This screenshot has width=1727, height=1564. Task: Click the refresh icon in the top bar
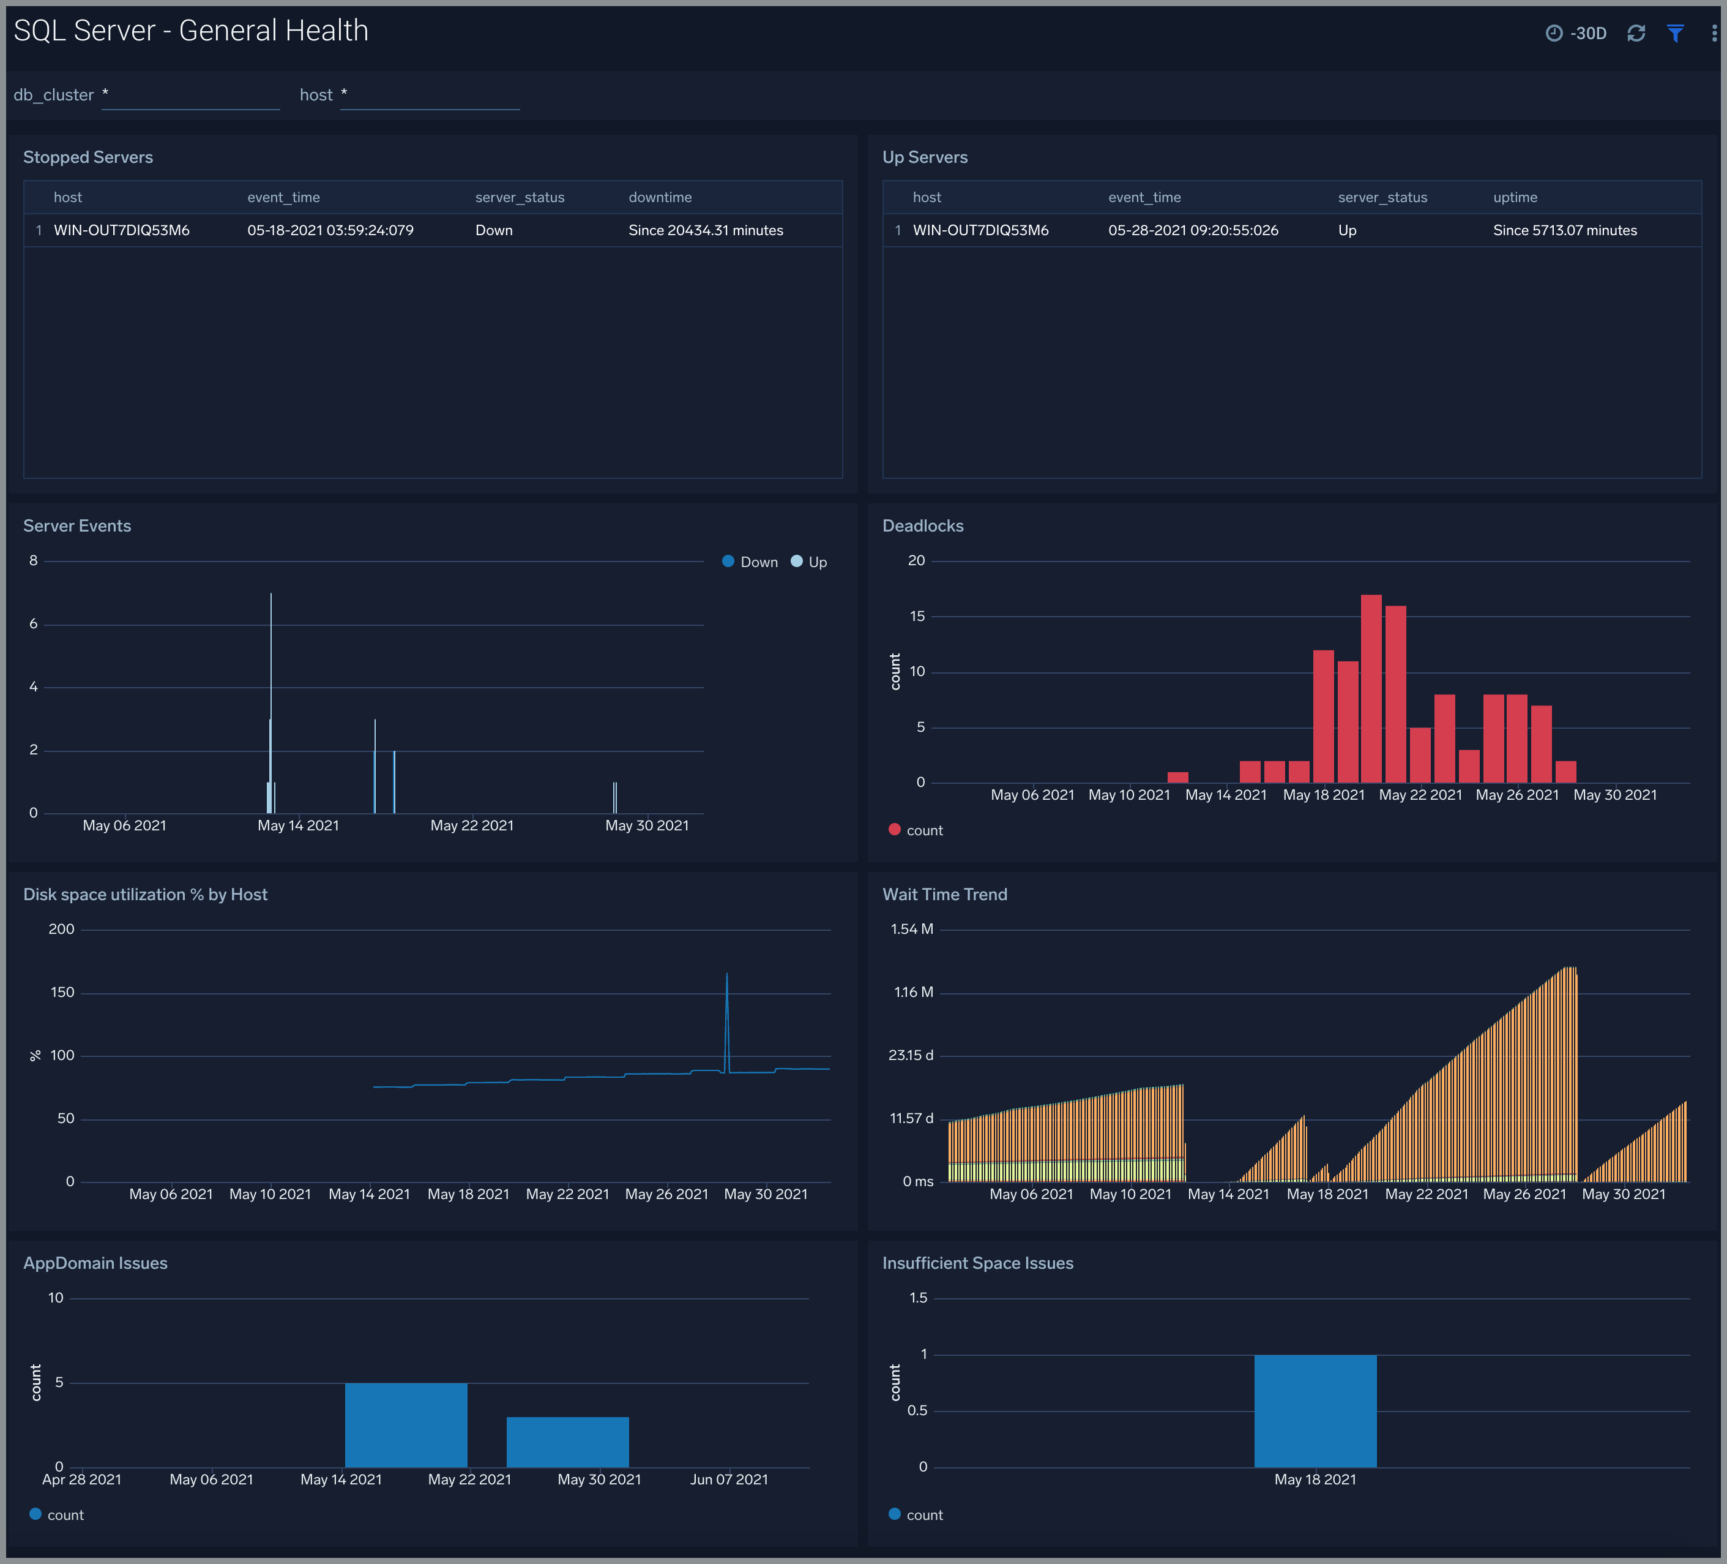click(x=1636, y=34)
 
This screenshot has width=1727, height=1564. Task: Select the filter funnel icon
click(x=1676, y=34)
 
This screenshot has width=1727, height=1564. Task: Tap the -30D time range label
click(x=1587, y=34)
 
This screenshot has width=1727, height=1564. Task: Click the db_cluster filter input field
click(x=190, y=95)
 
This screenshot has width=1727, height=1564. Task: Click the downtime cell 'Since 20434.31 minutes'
click(x=705, y=230)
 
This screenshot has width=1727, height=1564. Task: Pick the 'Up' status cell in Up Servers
click(x=1346, y=230)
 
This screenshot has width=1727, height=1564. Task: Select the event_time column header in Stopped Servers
click(x=283, y=197)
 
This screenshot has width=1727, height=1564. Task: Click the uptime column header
click(x=1515, y=197)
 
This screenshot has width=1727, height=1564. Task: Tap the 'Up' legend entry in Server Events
click(x=810, y=562)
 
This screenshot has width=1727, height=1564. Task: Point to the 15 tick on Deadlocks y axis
click(x=917, y=616)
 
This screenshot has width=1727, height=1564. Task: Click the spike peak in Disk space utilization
click(x=727, y=974)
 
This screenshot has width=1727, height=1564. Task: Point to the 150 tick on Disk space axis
click(x=62, y=993)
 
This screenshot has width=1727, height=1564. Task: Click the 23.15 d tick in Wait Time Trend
click(x=911, y=1055)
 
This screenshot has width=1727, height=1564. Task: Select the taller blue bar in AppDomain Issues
click(x=406, y=1424)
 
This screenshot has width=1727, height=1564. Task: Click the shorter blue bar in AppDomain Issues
click(x=567, y=1442)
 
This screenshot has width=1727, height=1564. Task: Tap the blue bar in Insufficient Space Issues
click(x=1315, y=1410)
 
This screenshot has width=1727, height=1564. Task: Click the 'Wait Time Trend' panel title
click(x=944, y=895)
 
